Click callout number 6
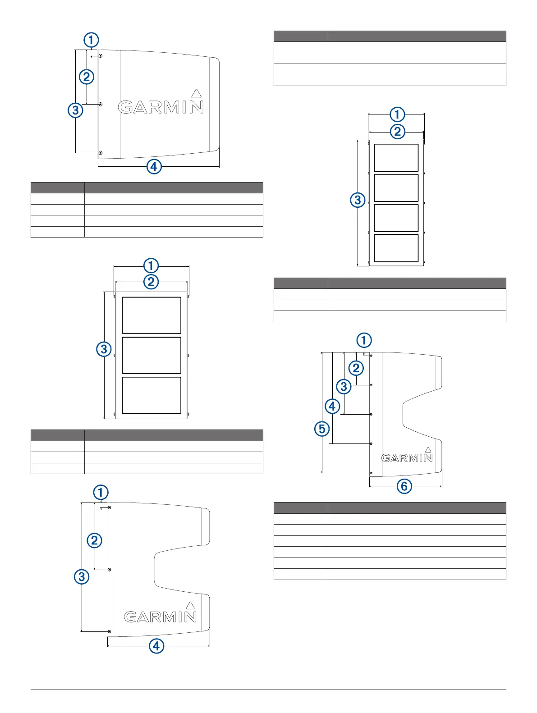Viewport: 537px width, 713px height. click(404, 486)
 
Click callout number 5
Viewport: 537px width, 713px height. click(322, 429)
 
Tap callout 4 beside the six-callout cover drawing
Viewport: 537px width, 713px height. click(332, 407)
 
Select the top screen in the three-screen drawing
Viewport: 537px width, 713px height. click(151, 315)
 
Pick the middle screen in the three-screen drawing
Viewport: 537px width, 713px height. click(151, 355)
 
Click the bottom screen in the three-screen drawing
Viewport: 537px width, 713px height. click(151, 395)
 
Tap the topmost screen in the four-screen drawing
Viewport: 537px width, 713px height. click(396, 158)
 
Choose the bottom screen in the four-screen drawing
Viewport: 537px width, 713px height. click(396, 248)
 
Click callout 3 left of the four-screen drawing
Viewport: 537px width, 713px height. click(358, 200)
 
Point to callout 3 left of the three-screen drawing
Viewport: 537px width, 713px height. click(104, 349)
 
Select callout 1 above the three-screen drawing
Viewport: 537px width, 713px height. click(151, 265)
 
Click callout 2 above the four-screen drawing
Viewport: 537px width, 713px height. click(397, 132)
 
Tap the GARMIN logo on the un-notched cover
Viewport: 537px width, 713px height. click(161, 107)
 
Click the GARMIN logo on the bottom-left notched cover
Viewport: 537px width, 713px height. click(161, 617)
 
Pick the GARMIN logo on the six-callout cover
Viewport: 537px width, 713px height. click(407, 458)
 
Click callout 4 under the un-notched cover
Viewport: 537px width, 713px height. click(154, 167)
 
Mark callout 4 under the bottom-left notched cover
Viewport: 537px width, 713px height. click(156, 646)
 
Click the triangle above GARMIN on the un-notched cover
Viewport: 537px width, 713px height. click(196, 94)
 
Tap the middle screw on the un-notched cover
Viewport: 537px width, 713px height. click(101, 105)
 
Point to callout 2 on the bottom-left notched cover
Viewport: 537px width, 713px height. click(94, 540)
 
